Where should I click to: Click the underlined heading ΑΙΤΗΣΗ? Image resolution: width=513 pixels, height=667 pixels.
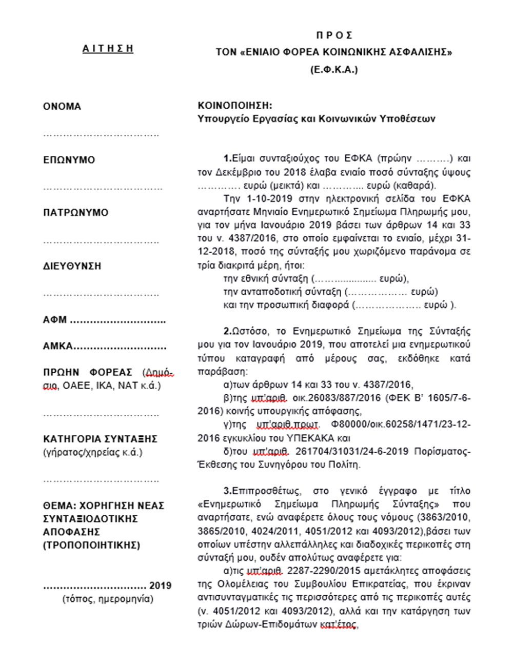pos(108,49)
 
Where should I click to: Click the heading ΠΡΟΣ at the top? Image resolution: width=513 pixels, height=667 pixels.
pos(334,35)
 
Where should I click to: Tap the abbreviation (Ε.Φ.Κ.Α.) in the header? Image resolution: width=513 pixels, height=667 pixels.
pos(334,70)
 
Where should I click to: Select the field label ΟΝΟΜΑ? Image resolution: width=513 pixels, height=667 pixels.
pos(62,107)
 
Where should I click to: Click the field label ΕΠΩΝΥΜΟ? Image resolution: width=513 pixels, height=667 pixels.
pos(69,160)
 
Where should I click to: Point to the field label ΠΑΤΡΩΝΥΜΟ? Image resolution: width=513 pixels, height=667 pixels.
pos(76,213)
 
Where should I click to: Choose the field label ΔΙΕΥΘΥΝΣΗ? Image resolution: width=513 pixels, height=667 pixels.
pos(72,266)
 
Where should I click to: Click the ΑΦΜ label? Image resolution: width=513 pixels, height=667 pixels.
pos(55,320)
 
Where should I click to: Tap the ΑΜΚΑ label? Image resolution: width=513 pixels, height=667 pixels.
pos(58,346)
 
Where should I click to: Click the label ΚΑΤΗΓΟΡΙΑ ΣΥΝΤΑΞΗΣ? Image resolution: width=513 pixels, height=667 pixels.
pos(100,439)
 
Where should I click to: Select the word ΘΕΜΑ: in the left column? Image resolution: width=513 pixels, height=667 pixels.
pos(60,506)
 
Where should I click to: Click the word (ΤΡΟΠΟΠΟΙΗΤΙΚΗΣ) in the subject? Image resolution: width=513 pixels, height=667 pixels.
pos(91,545)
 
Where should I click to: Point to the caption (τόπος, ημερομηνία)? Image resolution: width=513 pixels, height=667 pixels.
pos(108,599)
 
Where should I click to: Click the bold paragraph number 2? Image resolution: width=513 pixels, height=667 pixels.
pos(227,332)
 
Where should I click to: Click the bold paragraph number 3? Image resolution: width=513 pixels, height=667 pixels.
pos(227,491)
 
